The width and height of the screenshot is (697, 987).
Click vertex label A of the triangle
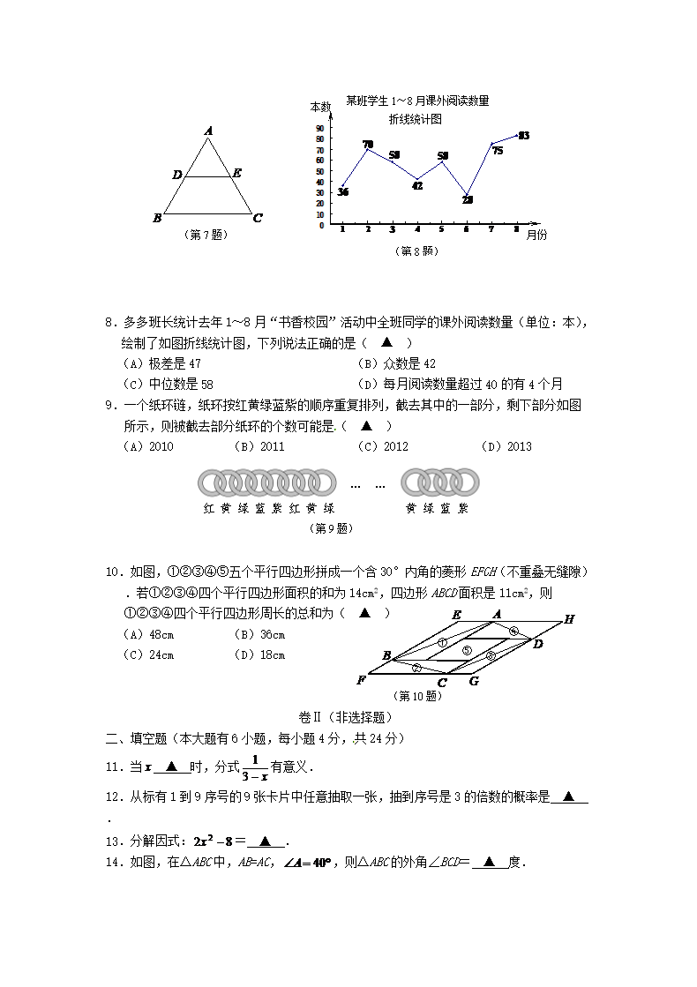(x=208, y=131)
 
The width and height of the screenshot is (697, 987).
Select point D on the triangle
(x=177, y=176)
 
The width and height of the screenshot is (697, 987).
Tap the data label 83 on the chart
(x=523, y=136)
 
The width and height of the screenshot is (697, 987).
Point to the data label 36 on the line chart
(x=342, y=192)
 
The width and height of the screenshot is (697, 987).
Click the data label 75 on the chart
(x=498, y=151)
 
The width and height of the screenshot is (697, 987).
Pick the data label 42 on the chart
(x=417, y=186)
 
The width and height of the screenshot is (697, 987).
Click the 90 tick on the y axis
(x=319, y=128)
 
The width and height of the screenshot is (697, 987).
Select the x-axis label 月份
(x=536, y=235)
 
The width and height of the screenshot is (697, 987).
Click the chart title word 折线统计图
(x=415, y=119)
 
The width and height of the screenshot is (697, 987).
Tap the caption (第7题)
(x=205, y=235)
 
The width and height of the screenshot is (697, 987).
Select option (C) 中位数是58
(x=169, y=384)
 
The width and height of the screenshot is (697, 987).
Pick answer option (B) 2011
(x=259, y=446)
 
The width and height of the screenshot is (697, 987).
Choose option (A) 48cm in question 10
(x=149, y=635)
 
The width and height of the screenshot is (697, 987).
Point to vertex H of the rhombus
(x=569, y=619)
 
